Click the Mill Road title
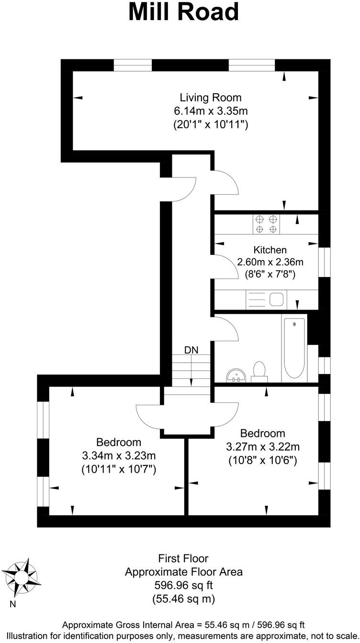click(x=183, y=12)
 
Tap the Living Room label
click(x=211, y=98)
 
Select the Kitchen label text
click(x=270, y=250)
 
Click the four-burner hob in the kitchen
click(x=267, y=224)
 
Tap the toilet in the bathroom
click(x=259, y=371)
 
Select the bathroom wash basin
click(x=235, y=375)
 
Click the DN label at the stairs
click(x=191, y=350)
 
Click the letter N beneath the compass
click(x=13, y=604)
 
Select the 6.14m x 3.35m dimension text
click(x=211, y=111)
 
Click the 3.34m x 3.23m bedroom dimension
click(x=119, y=455)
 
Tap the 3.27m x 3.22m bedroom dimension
click(x=263, y=447)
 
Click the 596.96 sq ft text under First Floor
click(x=183, y=585)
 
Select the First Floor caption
click(x=183, y=558)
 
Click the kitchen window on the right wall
click(x=325, y=262)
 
